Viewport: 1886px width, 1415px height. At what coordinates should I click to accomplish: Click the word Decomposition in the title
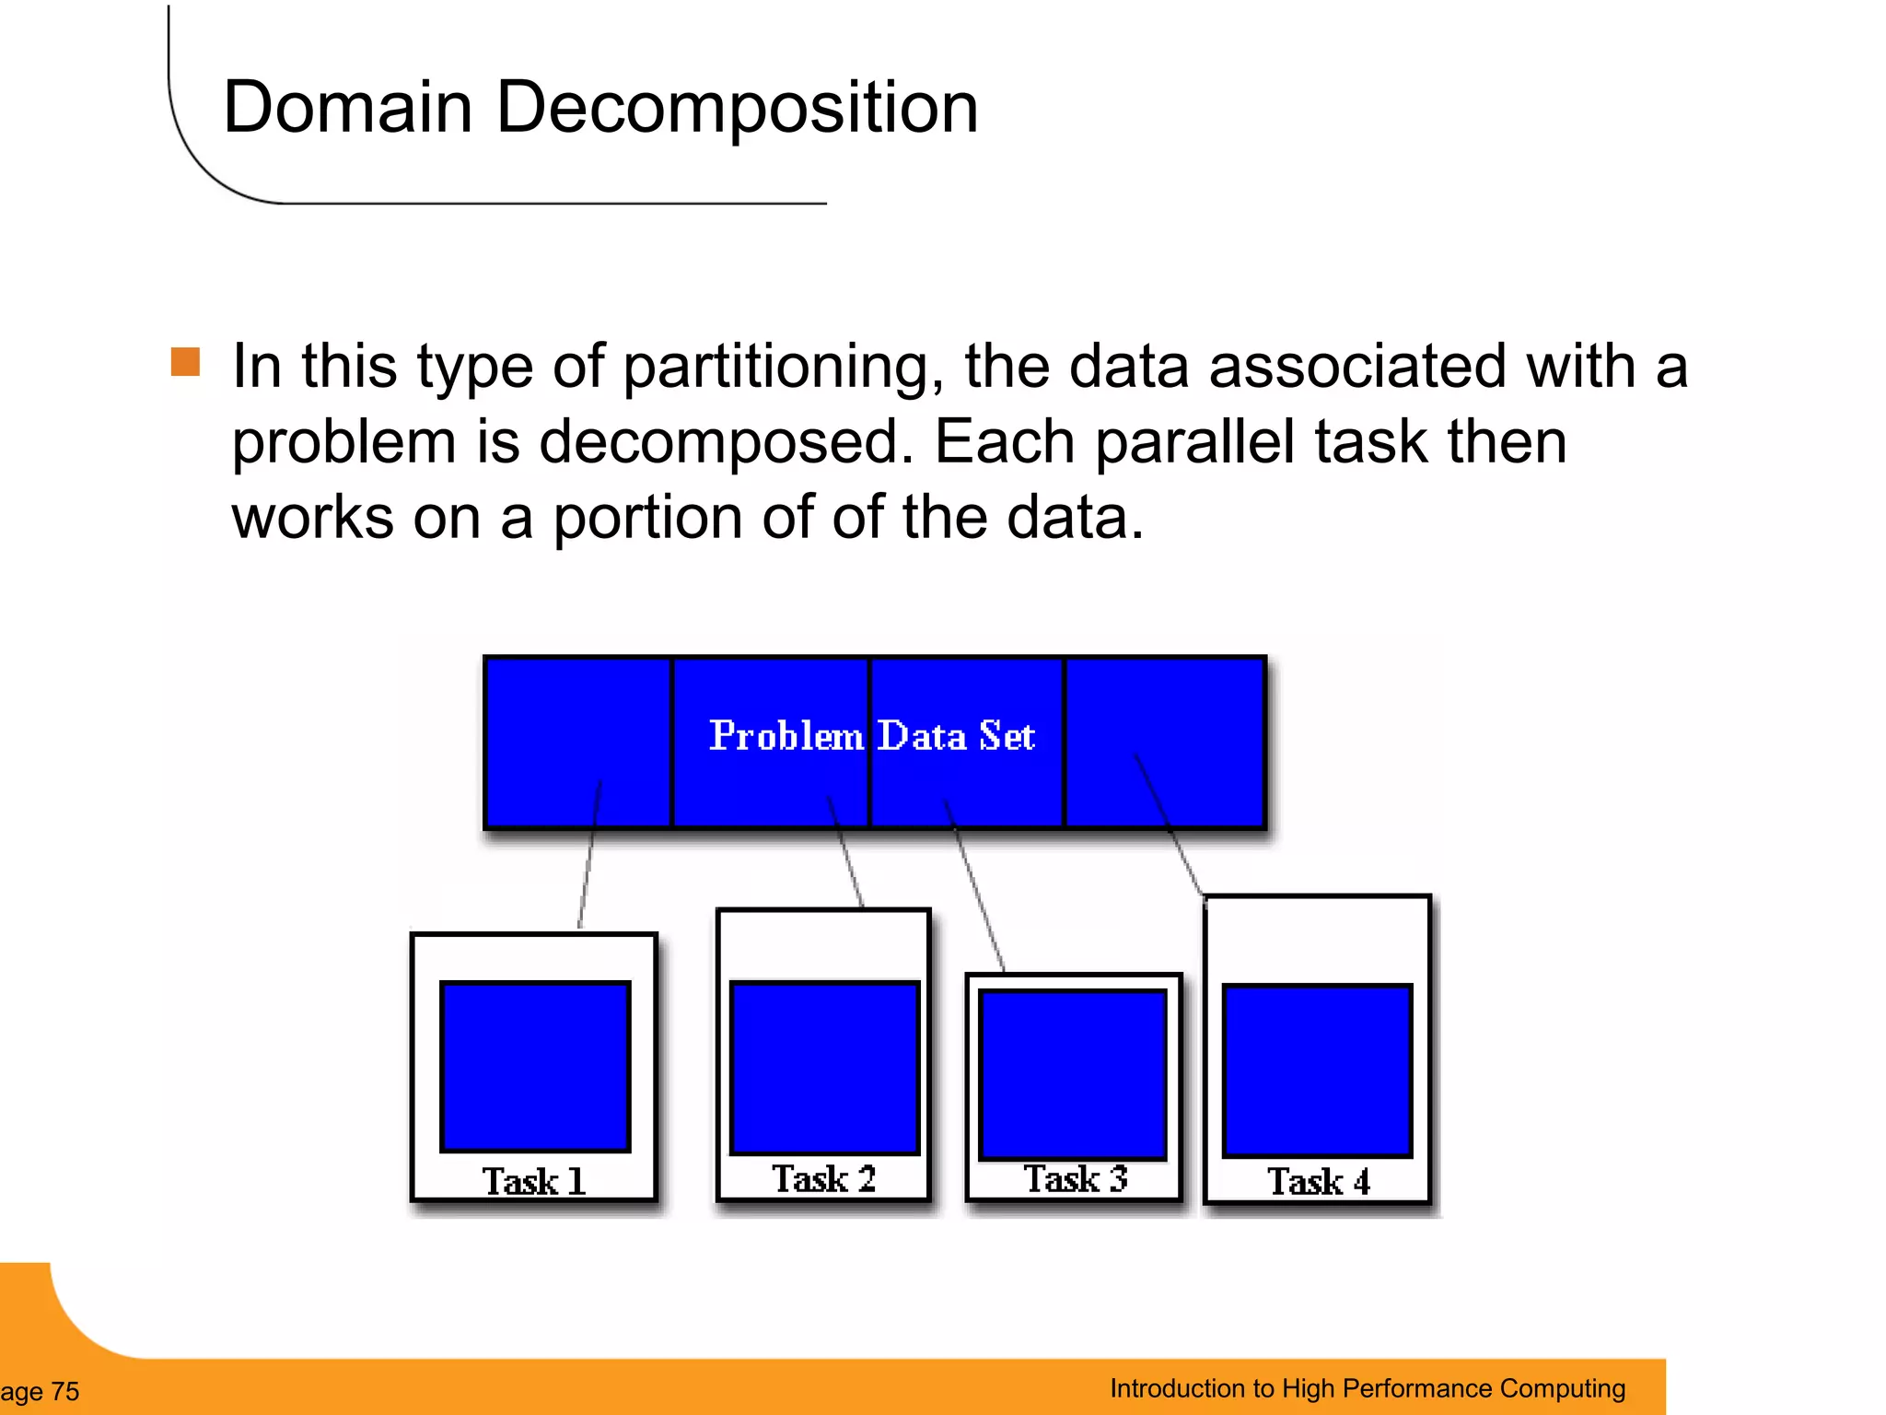click(x=737, y=109)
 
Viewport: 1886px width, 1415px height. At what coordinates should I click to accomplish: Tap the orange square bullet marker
click(x=185, y=362)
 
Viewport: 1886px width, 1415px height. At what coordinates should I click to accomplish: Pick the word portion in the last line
click(x=649, y=518)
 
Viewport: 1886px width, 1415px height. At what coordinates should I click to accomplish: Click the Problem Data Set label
click(x=871, y=736)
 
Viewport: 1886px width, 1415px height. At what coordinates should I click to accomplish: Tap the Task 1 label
click(x=533, y=1181)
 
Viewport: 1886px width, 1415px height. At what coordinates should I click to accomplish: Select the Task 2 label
click(x=823, y=1178)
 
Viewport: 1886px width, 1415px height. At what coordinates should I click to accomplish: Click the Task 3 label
click(x=1075, y=1178)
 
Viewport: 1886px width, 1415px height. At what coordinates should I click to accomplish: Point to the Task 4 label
click(x=1318, y=1181)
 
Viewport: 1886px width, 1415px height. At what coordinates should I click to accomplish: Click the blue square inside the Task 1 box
click(x=535, y=1066)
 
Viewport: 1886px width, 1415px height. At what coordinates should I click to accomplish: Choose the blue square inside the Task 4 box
click(x=1317, y=1070)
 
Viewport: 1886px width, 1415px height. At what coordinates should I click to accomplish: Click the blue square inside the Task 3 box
click(x=1073, y=1074)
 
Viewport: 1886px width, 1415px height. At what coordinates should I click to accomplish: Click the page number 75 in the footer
click(x=64, y=1391)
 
